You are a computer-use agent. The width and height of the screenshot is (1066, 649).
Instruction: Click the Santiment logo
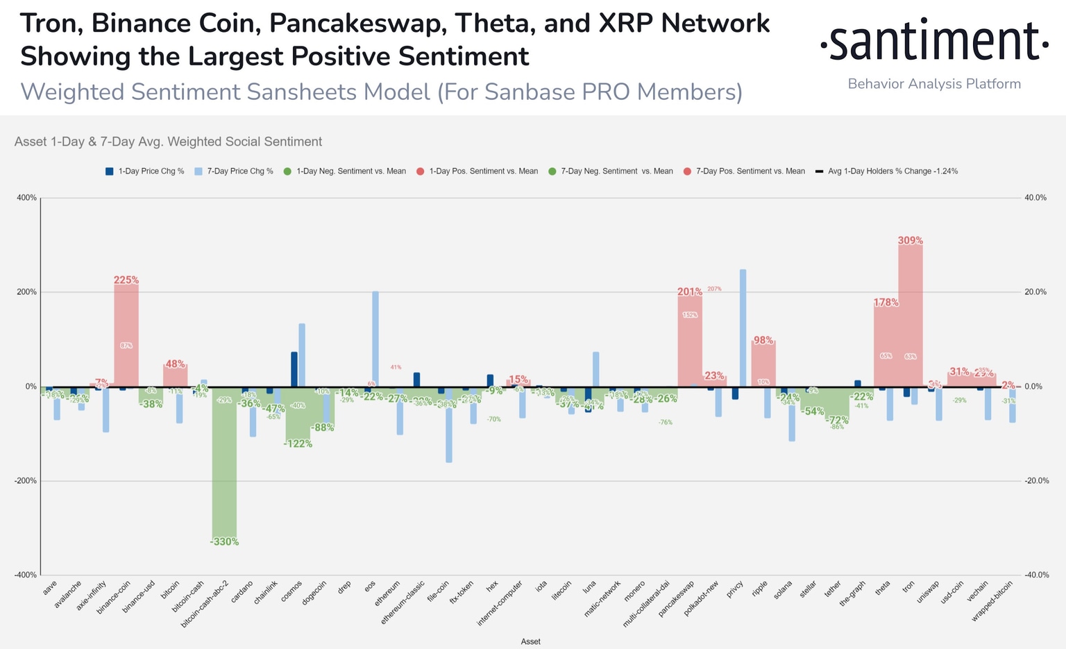pos(934,42)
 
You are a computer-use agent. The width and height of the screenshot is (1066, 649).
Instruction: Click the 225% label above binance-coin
pos(126,280)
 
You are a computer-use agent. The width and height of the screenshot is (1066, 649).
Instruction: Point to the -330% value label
pos(224,541)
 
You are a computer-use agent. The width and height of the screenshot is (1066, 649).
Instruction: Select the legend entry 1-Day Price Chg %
pos(145,171)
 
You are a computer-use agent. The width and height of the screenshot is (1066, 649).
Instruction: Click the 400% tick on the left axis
pos(26,198)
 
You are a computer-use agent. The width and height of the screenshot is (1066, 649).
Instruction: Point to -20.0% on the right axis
pos(1035,481)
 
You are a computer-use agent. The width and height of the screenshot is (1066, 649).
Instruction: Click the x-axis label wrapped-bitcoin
pos(993,601)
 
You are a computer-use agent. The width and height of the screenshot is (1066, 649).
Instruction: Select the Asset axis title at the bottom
pos(530,641)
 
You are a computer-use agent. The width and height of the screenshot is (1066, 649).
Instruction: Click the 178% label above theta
pos(886,303)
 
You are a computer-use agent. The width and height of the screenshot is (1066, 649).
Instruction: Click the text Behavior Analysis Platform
pos(934,84)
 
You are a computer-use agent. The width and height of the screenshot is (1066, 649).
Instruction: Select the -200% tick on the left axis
pos(26,481)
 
